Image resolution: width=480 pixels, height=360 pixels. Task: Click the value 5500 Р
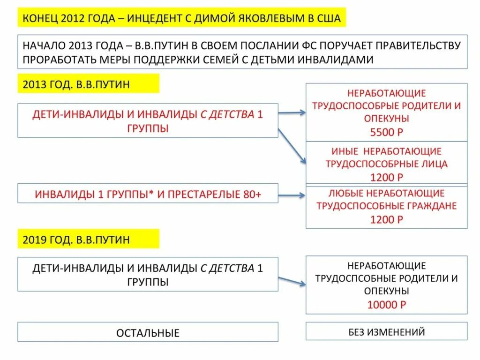coord(386,132)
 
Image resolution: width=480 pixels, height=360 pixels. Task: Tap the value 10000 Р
coord(386,305)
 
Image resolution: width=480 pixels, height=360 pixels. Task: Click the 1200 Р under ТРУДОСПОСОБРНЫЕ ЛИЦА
coord(386,177)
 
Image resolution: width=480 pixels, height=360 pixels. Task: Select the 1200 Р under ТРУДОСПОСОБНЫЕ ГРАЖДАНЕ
coord(386,219)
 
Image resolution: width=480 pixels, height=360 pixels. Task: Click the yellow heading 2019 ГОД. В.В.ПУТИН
coord(76,240)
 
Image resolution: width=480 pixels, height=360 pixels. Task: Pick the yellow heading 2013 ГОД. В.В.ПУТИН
coord(76,84)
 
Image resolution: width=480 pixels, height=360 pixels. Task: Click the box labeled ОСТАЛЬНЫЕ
coord(148,333)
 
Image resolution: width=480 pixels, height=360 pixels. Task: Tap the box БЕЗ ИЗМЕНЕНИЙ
coord(386,332)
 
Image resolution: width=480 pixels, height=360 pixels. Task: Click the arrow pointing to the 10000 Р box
coord(292,281)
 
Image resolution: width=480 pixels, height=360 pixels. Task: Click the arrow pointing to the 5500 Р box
coord(292,112)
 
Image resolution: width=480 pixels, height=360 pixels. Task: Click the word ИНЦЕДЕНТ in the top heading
coord(155,19)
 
